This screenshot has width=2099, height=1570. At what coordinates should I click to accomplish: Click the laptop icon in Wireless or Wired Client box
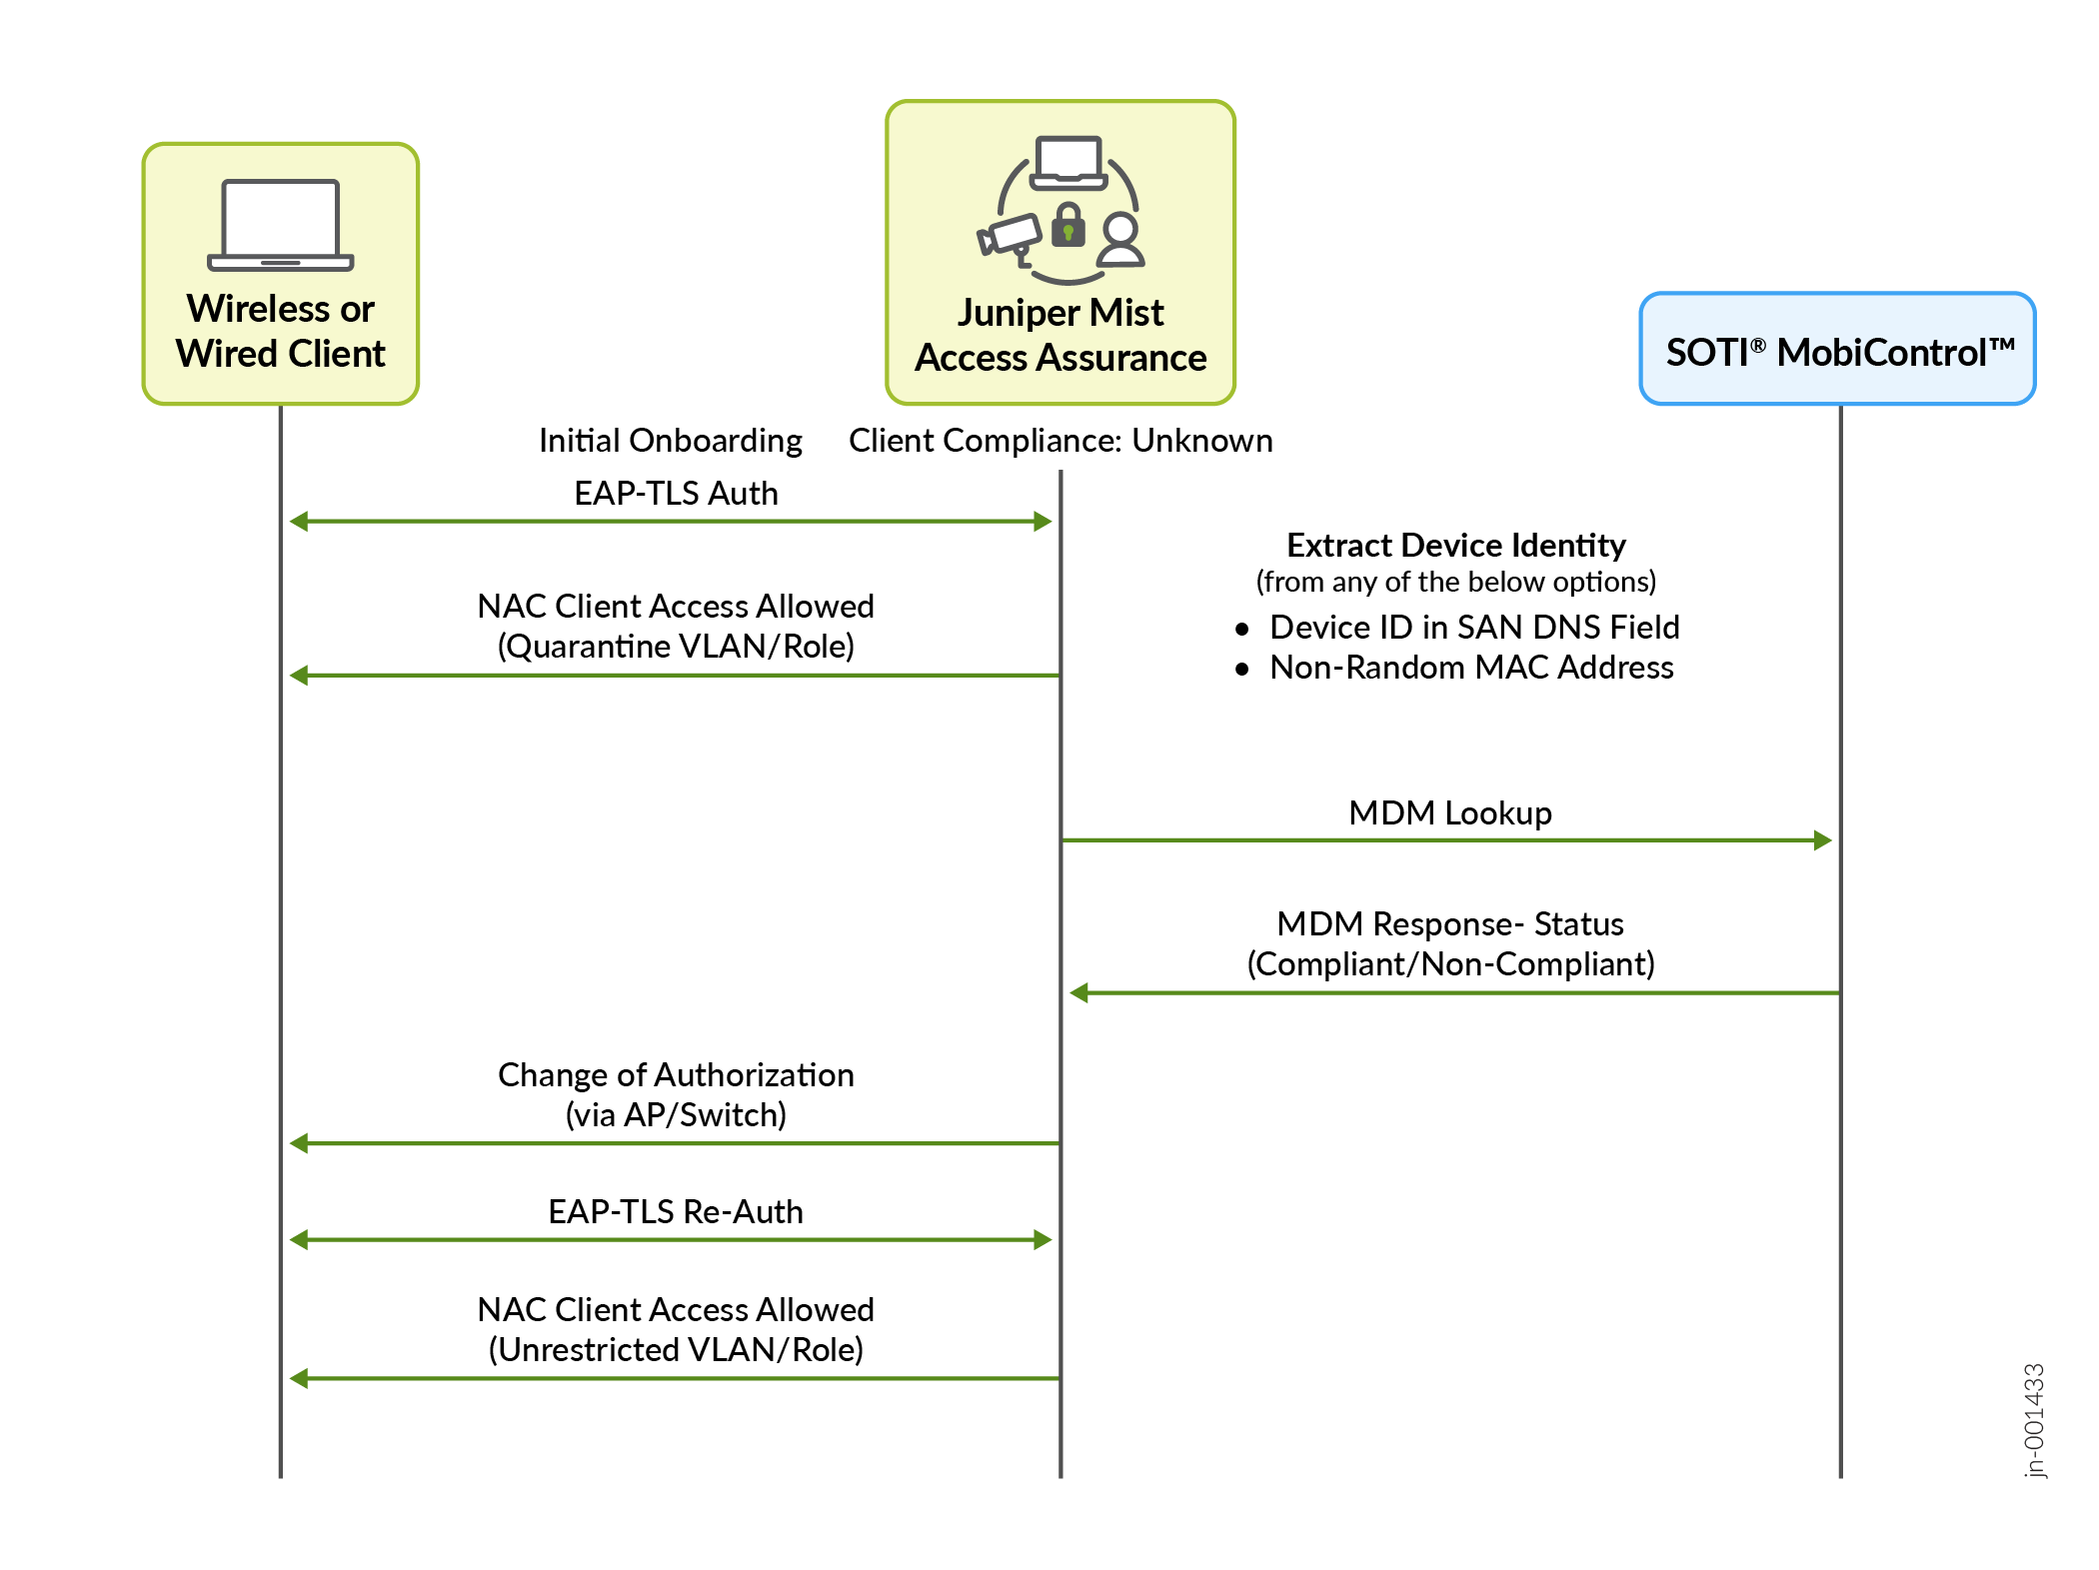(280, 225)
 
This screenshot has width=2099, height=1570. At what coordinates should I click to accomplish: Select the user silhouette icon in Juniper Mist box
(1120, 240)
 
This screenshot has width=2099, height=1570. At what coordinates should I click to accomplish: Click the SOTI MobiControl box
(1837, 350)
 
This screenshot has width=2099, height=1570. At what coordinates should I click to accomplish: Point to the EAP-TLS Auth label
(676, 494)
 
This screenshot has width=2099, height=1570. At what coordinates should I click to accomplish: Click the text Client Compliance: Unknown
(1060, 441)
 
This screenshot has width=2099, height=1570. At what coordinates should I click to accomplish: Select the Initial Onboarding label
(670, 441)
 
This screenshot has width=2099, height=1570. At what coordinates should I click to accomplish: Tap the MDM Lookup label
(1449, 813)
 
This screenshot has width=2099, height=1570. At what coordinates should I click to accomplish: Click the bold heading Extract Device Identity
(1455, 546)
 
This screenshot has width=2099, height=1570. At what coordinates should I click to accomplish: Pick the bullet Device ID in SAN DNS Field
(1473, 628)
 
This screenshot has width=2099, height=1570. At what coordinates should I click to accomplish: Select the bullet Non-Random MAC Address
(1470, 668)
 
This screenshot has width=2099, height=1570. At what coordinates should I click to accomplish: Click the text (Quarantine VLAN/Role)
(676, 647)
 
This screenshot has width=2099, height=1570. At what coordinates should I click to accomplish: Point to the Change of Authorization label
(676, 1075)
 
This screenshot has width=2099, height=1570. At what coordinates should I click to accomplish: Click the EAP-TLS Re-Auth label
(676, 1212)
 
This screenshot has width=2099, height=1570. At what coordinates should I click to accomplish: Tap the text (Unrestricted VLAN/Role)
(676, 1350)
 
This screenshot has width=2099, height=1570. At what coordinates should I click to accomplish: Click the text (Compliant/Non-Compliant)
(1450, 964)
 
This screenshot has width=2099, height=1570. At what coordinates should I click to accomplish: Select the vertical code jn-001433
(2034, 1420)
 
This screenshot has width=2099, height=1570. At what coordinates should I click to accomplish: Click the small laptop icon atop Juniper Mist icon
(1068, 163)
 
